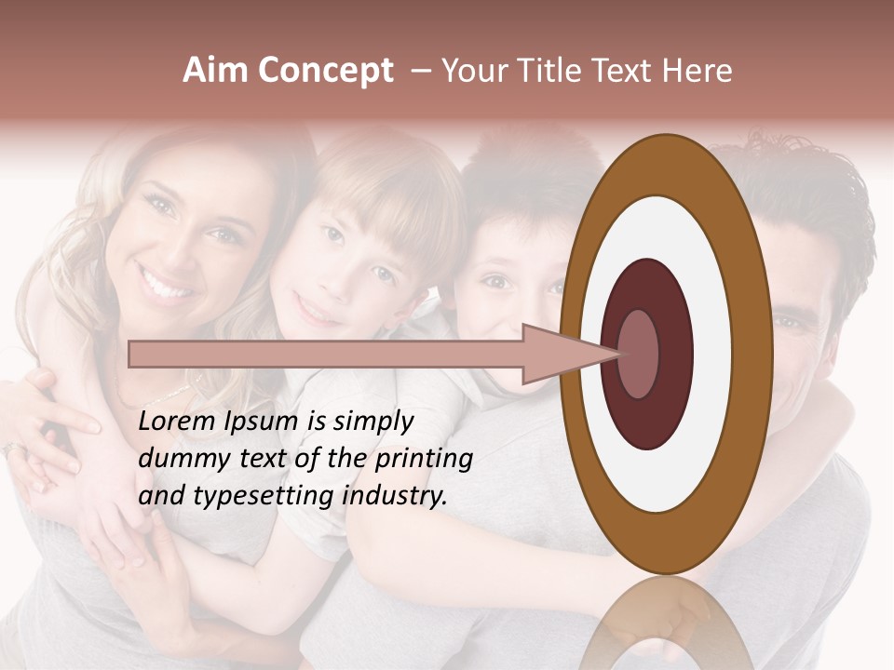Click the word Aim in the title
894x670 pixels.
[x=215, y=71]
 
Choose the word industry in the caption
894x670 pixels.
[x=396, y=496]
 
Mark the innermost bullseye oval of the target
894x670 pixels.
[x=638, y=354]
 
